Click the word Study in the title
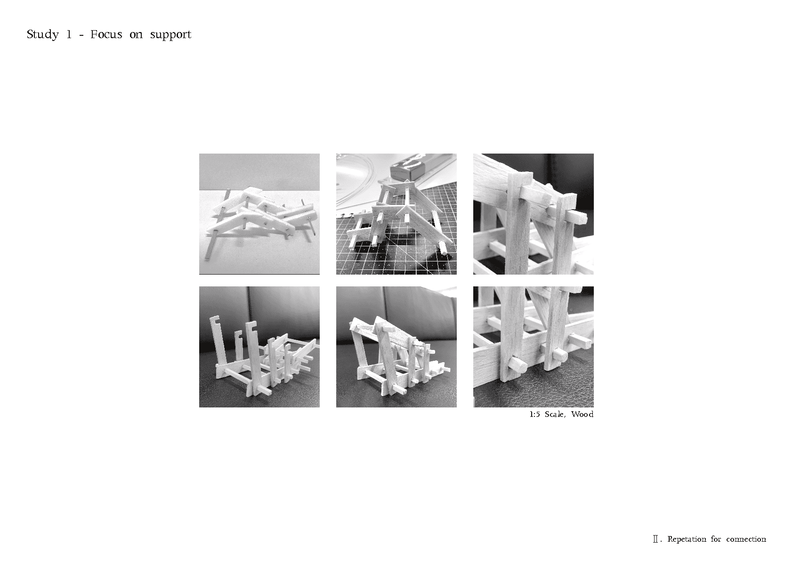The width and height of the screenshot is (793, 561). tap(43, 35)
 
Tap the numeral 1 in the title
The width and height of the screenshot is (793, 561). tap(69, 34)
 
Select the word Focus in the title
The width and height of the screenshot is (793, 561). tap(106, 34)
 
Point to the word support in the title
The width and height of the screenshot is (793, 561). tap(170, 35)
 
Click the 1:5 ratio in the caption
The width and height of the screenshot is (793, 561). tap(535, 415)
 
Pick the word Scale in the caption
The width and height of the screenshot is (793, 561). tap(555, 415)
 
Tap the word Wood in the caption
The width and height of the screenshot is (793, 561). tap(583, 414)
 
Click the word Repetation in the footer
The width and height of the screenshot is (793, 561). tap(687, 539)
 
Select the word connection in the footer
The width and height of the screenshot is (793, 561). tap(746, 539)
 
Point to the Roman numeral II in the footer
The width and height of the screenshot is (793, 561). tap(655, 539)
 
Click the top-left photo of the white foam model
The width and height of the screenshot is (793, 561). tap(259, 214)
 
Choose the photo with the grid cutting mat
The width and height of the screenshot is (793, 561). tap(396, 214)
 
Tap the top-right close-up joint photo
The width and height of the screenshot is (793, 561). tap(533, 214)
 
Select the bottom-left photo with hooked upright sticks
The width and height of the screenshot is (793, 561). tap(259, 347)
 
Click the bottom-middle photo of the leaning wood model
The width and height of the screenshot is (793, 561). tap(396, 347)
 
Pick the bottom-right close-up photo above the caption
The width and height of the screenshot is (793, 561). tap(533, 347)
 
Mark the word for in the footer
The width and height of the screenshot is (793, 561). tap(716, 539)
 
